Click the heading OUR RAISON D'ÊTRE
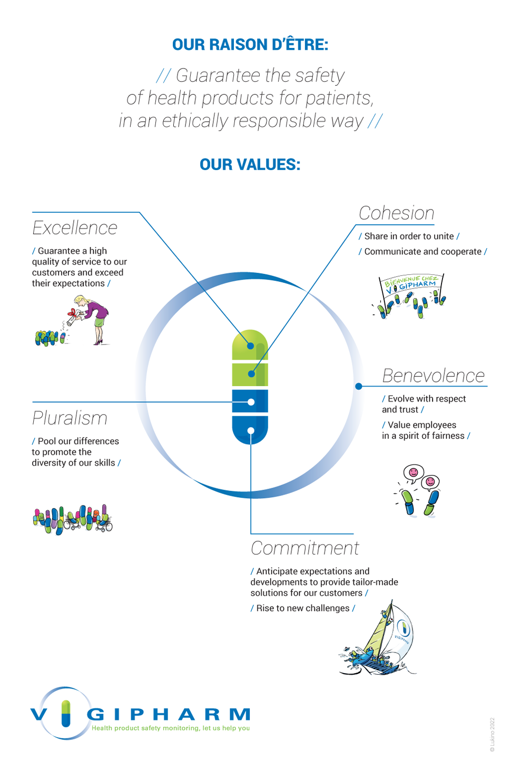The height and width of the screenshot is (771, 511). (250, 45)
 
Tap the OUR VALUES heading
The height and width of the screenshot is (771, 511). (250, 164)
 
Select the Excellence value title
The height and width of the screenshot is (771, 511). (75, 228)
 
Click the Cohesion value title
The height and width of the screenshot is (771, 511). (396, 213)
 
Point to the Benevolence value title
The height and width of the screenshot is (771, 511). (434, 375)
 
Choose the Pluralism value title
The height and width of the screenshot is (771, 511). (70, 418)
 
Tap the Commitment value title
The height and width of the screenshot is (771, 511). (304, 548)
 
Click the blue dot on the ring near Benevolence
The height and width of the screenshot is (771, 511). (358, 386)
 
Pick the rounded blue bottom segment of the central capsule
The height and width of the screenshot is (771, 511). (250, 430)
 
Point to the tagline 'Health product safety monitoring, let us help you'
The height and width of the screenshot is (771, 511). (171, 728)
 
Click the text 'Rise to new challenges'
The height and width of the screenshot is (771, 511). (303, 608)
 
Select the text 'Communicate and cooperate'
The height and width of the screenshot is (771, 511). (423, 252)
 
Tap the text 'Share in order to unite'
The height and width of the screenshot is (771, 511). (409, 236)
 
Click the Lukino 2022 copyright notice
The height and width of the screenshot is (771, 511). (492, 735)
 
